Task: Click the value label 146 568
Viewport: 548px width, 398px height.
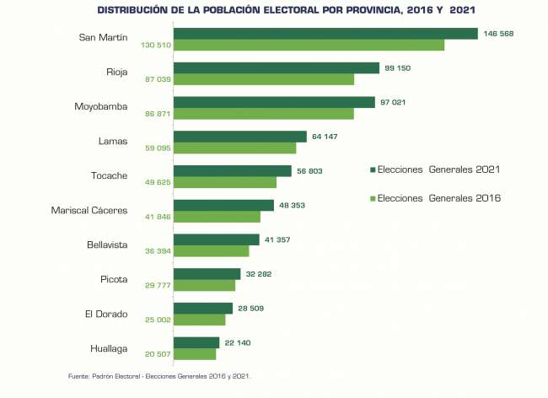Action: click(x=498, y=34)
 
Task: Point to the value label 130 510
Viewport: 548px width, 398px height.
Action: click(x=155, y=45)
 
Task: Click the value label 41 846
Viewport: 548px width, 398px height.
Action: click(x=158, y=217)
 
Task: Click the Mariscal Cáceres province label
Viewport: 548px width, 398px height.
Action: click(x=89, y=210)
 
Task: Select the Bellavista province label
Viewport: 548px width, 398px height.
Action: click(x=107, y=245)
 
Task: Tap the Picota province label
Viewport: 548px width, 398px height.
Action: click(x=114, y=279)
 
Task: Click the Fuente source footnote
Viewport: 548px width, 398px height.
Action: click(x=159, y=375)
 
